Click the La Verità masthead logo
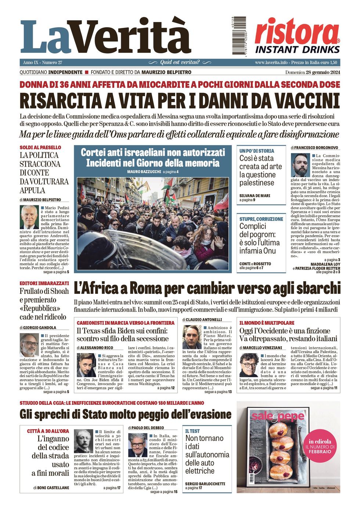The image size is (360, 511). click(106, 37)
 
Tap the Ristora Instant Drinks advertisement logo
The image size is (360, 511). click(297, 36)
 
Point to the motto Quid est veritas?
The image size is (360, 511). click(180, 62)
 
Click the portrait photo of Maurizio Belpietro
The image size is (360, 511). click(29, 217)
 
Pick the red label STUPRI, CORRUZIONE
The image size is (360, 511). click(261, 219)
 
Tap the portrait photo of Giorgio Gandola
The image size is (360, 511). click(29, 345)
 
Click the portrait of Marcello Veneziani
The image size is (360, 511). click(249, 365)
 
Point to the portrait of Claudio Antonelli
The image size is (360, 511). click(192, 337)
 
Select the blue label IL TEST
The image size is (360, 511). click(192, 431)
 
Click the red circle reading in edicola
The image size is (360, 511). click(320, 446)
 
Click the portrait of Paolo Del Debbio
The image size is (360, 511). click(137, 445)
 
